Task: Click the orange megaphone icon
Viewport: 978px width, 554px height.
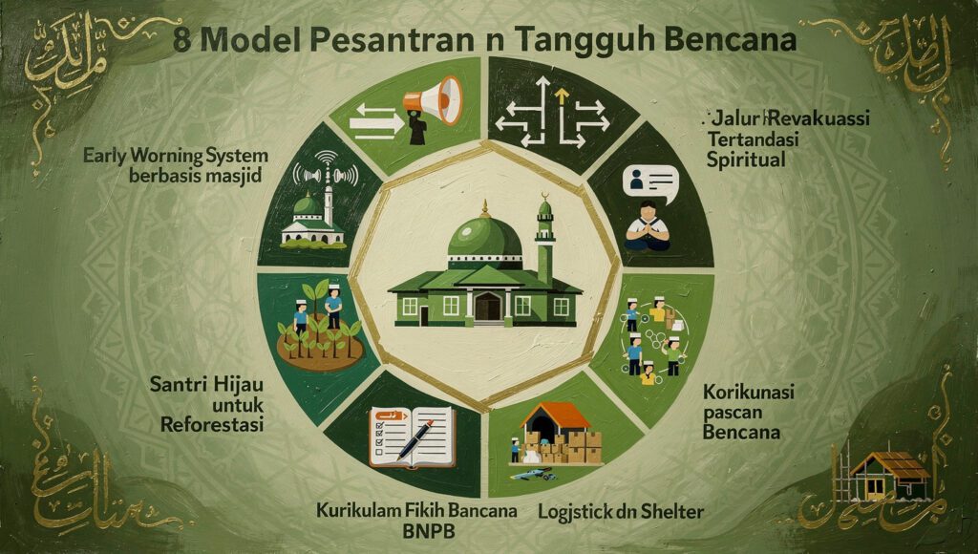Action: pos(432,99)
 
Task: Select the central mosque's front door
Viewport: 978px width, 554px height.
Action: pos(487,306)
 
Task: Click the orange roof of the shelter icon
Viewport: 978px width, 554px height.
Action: pos(558,415)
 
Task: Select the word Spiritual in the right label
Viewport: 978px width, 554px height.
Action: pos(746,159)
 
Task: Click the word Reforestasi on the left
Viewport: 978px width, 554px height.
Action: pos(208,426)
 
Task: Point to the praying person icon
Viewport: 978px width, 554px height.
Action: pos(646,225)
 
